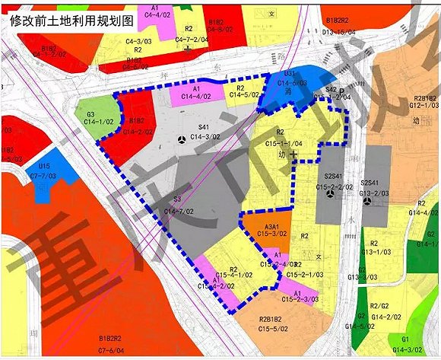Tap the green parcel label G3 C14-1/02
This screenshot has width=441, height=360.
[x=86, y=116]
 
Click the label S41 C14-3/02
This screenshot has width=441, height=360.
[x=203, y=132]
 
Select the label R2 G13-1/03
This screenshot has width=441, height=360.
[x=370, y=247]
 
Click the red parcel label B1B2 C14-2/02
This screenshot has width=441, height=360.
[x=137, y=125]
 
